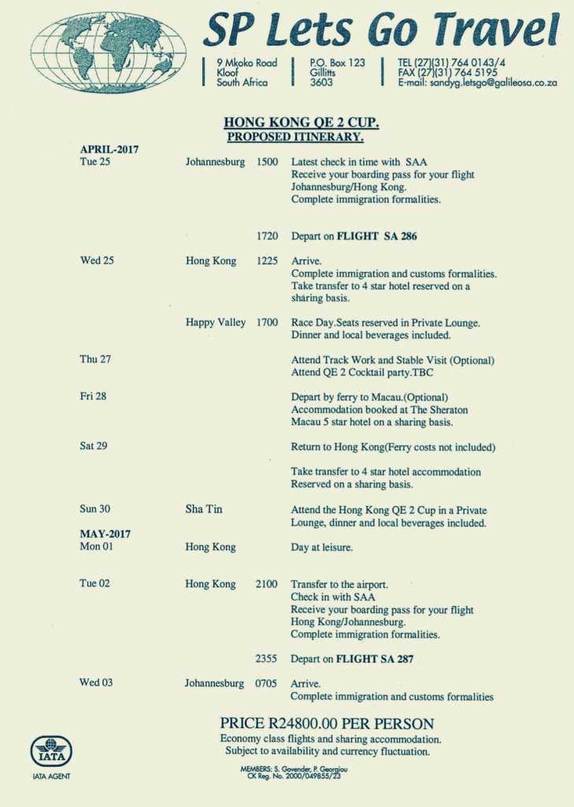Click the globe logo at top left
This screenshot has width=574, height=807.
[x=108, y=53]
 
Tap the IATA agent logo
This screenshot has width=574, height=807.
[x=51, y=752]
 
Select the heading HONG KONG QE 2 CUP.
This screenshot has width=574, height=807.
[x=302, y=122]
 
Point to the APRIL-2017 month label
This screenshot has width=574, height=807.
[x=109, y=149]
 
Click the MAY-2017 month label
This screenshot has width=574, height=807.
[x=105, y=534]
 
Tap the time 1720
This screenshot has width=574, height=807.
[x=267, y=236]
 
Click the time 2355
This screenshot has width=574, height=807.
[x=266, y=659]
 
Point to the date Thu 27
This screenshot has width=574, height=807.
[x=95, y=359]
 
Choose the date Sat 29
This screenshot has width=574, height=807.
[x=94, y=446]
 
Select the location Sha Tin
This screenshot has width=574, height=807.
[x=204, y=509]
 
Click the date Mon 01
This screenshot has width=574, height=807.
[x=96, y=546]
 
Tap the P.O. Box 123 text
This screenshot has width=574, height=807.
[x=337, y=62]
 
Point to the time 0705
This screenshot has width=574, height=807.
[x=266, y=683]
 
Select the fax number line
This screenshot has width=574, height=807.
[x=447, y=73]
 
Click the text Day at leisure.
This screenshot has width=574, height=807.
[x=322, y=547]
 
